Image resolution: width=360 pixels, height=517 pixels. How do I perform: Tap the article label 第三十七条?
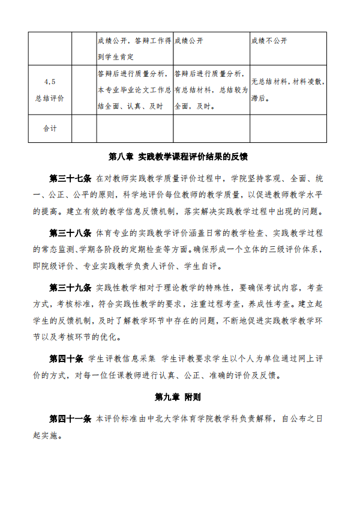pyautogui.click(x=70, y=178)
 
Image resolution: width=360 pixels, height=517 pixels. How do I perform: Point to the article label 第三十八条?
pyautogui.click(x=70, y=232)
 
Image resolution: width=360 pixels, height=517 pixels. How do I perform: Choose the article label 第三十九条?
pyautogui.click(x=70, y=287)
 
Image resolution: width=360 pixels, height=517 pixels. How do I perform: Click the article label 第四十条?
pyautogui.click(x=66, y=358)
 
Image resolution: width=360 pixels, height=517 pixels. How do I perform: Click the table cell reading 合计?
pyautogui.click(x=50, y=128)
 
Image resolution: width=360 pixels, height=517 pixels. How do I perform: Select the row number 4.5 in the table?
pyautogui.click(x=50, y=82)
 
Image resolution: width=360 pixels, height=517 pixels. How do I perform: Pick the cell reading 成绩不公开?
pyautogui.click(x=269, y=40)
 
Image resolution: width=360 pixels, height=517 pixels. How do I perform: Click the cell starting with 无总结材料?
pyautogui.click(x=288, y=82)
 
